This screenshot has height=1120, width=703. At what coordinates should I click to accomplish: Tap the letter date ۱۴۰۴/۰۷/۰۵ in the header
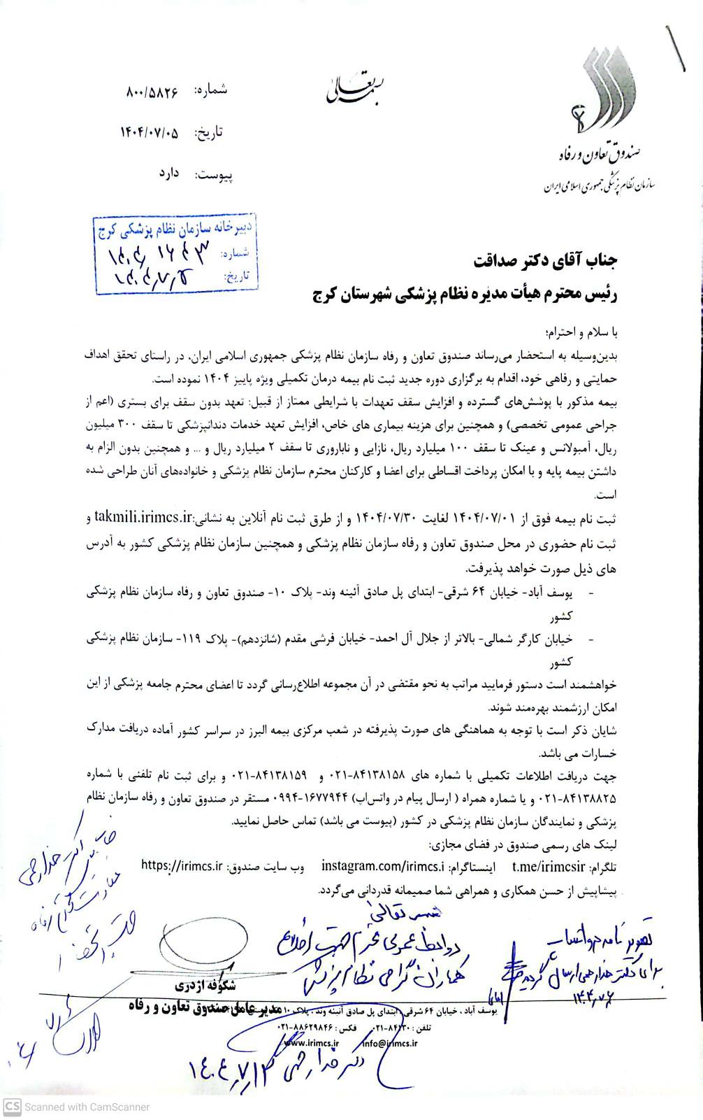tap(150, 132)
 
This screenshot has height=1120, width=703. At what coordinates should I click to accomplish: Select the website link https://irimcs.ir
tap(182, 864)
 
